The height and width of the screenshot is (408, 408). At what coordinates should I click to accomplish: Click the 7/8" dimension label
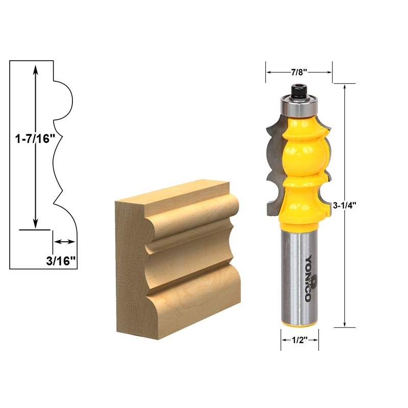(x=299, y=72)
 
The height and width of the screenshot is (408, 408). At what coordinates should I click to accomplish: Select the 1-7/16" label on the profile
(x=32, y=138)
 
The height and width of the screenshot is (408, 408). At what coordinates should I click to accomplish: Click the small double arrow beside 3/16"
(x=64, y=242)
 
